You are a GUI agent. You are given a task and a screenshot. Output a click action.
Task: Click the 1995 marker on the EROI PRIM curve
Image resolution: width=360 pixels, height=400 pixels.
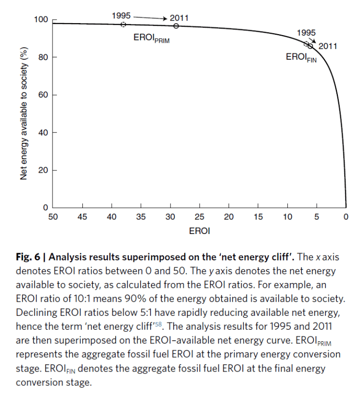coord(123,25)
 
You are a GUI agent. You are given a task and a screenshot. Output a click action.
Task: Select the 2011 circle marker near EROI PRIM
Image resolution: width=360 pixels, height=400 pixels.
coord(176,26)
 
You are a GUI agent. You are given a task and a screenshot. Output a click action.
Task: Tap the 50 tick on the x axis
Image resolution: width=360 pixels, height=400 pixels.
coord(53,217)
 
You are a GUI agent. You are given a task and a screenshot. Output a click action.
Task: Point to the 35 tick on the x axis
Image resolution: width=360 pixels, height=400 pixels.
coord(141,217)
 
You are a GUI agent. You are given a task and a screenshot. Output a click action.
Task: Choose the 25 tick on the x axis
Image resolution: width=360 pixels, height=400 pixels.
coord(200,217)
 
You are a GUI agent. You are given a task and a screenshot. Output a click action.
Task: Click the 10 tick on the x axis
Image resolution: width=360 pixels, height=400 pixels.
coord(287,217)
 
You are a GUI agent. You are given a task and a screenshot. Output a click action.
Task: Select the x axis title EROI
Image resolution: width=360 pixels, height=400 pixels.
coord(199,231)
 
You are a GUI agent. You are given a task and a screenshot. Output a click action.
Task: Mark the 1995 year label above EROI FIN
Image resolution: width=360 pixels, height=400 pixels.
coord(306,33)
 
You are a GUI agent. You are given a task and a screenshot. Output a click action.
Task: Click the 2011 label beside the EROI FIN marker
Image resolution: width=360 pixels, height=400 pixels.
coord(327,47)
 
